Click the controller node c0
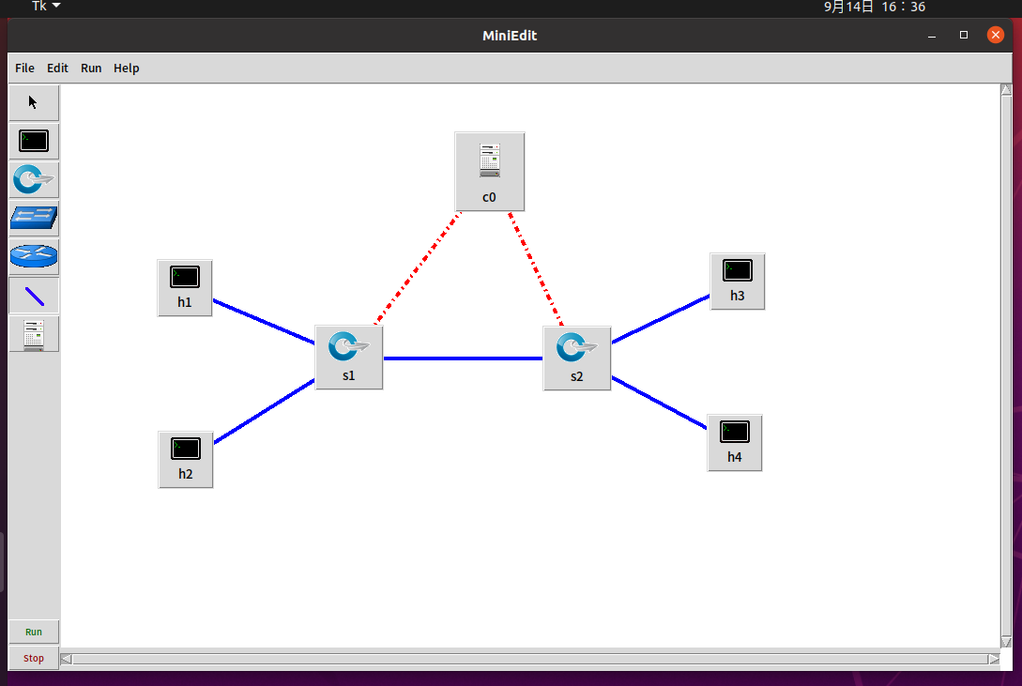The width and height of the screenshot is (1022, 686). (x=489, y=171)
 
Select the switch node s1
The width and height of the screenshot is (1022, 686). (x=348, y=357)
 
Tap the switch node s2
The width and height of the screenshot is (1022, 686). (x=576, y=358)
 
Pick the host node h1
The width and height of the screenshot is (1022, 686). (x=185, y=287)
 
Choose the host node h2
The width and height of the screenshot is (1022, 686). (x=186, y=459)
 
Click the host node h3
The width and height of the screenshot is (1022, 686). (x=737, y=281)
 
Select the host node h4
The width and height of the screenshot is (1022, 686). (x=734, y=442)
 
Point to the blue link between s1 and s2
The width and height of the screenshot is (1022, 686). (x=463, y=358)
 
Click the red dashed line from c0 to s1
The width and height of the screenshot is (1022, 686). (x=419, y=268)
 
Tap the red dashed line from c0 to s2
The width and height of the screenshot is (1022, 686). (x=535, y=268)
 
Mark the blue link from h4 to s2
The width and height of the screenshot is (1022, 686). (x=659, y=403)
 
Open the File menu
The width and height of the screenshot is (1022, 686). (x=24, y=69)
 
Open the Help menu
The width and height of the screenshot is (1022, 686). (x=127, y=69)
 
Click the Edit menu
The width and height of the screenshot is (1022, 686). (x=58, y=69)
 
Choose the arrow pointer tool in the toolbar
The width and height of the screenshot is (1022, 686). (x=34, y=102)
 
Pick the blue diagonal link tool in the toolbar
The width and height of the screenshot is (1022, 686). (x=34, y=296)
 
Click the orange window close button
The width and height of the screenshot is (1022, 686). (x=996, y=36)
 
